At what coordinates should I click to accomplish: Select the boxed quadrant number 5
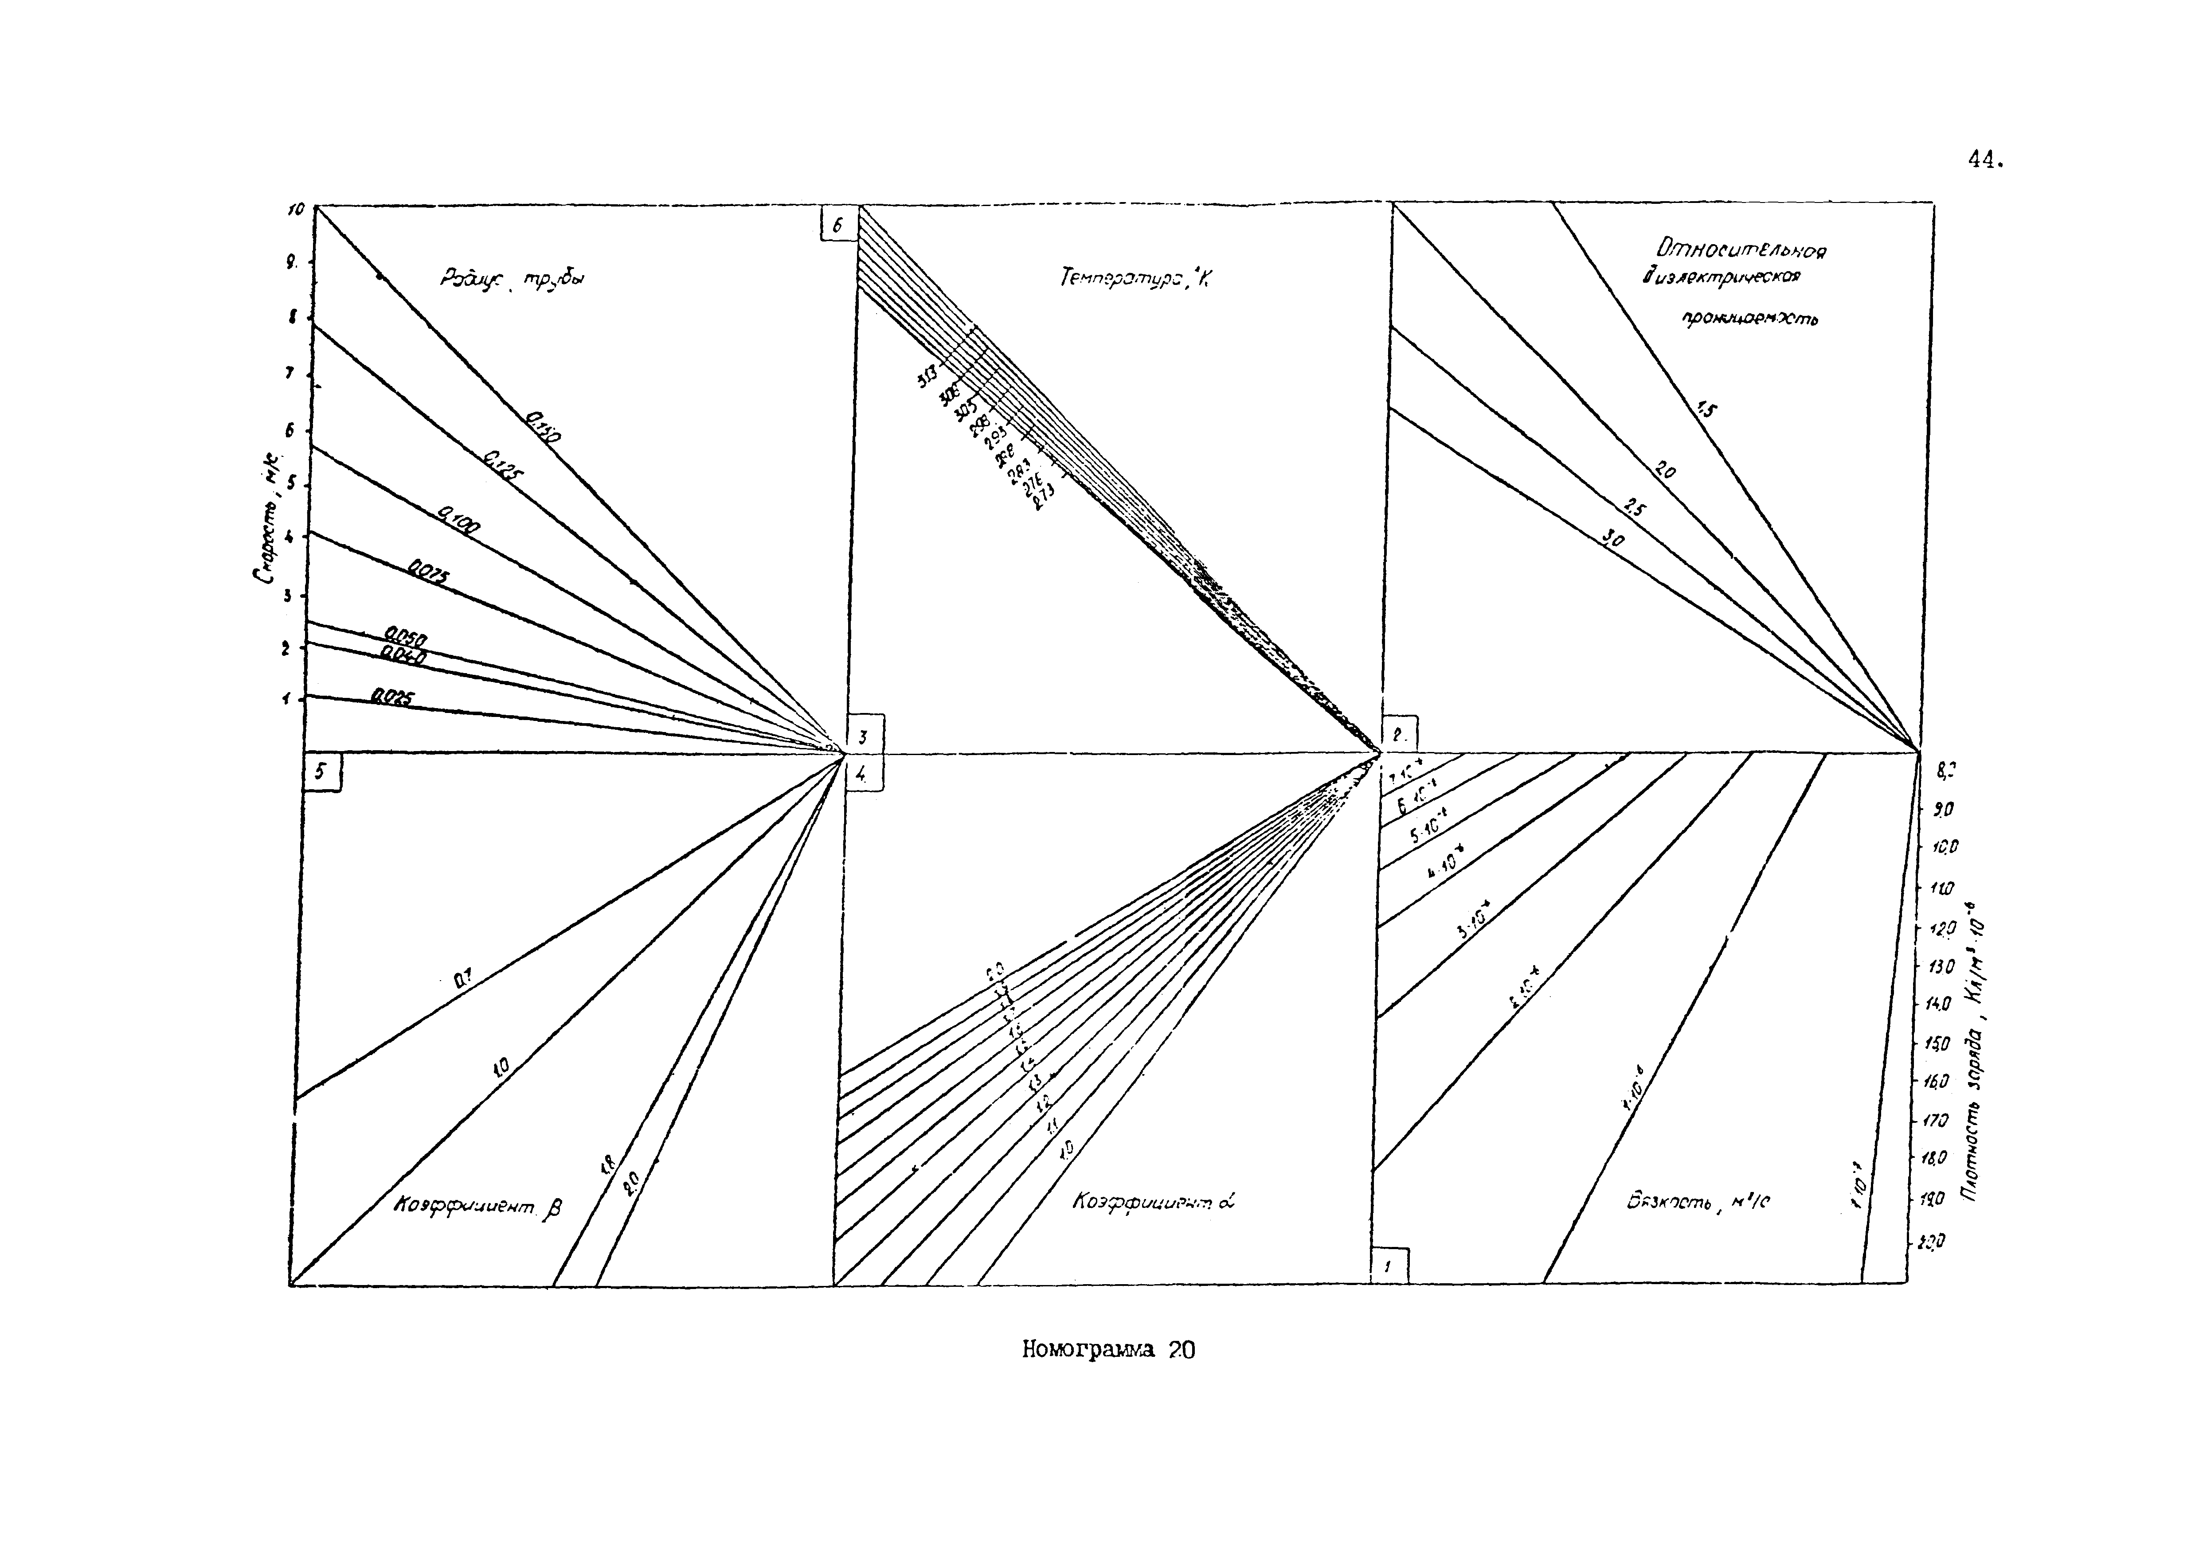[322, 772]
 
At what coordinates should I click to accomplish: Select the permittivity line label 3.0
[1614, 541]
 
